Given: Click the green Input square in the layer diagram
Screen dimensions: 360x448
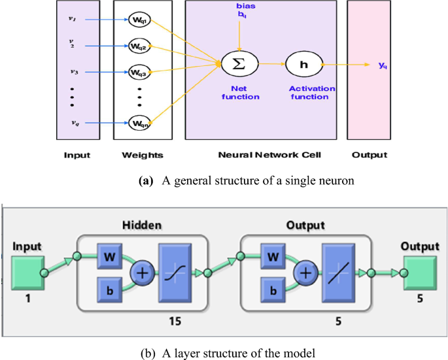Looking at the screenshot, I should [26, 270].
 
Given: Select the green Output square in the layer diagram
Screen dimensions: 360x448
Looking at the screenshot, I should [420, 270].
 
